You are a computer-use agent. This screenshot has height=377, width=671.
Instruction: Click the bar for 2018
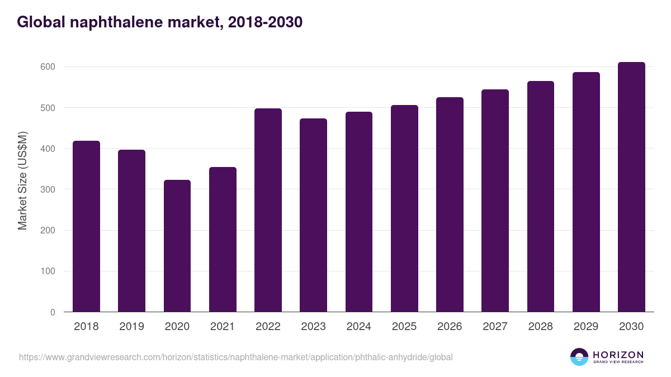click(86, 226)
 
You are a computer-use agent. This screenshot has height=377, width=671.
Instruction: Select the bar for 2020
click(177, 246)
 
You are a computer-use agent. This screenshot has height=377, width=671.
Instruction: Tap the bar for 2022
click(268, 210)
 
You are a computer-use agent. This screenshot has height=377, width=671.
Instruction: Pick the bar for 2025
click(404, 208)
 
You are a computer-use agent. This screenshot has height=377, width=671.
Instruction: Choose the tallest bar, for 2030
click(631, 187)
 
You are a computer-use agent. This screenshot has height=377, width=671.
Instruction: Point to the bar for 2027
click(495, 201)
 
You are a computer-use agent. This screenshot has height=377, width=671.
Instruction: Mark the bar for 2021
click(223, 240)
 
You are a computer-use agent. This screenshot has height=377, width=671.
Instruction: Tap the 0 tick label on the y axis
click(53, 313)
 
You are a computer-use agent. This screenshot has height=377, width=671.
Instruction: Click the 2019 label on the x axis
click(131, 327)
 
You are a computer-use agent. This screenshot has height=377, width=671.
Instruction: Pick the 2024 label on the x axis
click(358, 327)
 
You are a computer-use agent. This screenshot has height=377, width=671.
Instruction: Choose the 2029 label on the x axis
click(586, 327)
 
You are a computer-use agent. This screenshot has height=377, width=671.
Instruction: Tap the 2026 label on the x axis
click(450, 327)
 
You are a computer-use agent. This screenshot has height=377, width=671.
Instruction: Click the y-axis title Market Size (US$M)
click(22, 180)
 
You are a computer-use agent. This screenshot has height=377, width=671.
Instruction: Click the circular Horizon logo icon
click(579, 357)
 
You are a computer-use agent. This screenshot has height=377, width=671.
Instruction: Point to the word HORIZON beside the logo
click(618, 355)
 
